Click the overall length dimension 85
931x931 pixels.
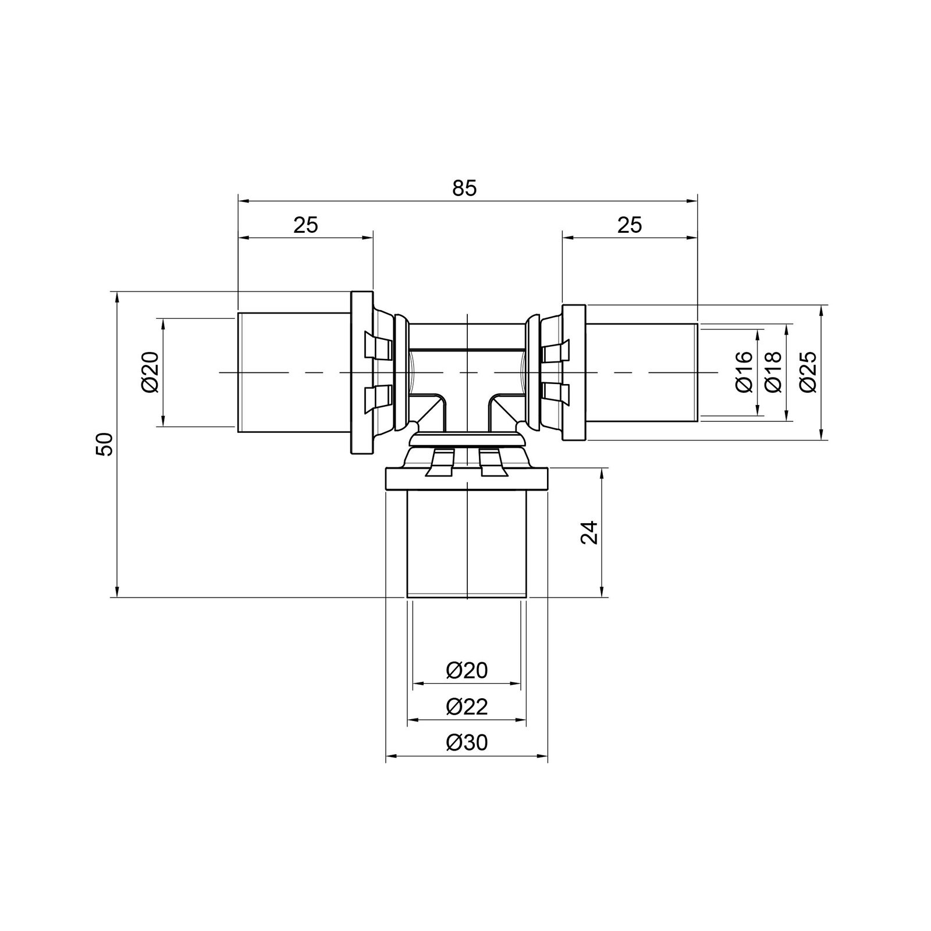point(464,188)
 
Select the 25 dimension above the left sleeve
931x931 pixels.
point(305,225)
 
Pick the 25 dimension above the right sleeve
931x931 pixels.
point(629,225)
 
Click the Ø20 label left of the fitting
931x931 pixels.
point(150,372)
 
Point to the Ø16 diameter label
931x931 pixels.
point(745,372)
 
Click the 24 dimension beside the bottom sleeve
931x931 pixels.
point(589,532)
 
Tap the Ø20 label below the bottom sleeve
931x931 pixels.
point(467,670)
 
